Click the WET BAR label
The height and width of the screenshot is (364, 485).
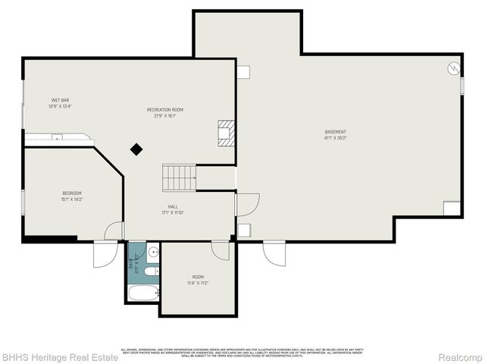(60, 100)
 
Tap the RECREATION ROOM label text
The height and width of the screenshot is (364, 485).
(164, 110)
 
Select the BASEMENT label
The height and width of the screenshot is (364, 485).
(335, 132)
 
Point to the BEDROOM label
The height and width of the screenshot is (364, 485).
(72, 193)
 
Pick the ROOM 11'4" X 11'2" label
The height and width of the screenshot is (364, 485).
(198, 277)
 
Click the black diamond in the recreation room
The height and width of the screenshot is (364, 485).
(136, 149)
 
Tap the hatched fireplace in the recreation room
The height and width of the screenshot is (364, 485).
(227, 133)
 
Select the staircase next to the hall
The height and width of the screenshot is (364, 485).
(180, 178)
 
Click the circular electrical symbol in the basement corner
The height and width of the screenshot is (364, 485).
(452, 67)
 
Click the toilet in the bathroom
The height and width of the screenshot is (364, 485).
(151, 271)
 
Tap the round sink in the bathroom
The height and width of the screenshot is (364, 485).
(152, 252)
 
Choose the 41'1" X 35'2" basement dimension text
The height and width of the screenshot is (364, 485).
(335, 139)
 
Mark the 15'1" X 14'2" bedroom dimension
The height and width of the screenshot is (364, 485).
(72, 199)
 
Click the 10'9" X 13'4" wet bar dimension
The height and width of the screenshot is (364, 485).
(59, 106)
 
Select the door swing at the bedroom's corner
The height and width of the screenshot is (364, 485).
(114, 231)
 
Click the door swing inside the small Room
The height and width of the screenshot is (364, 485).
(221, 250)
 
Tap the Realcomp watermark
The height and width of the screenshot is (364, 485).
(462, 356)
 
